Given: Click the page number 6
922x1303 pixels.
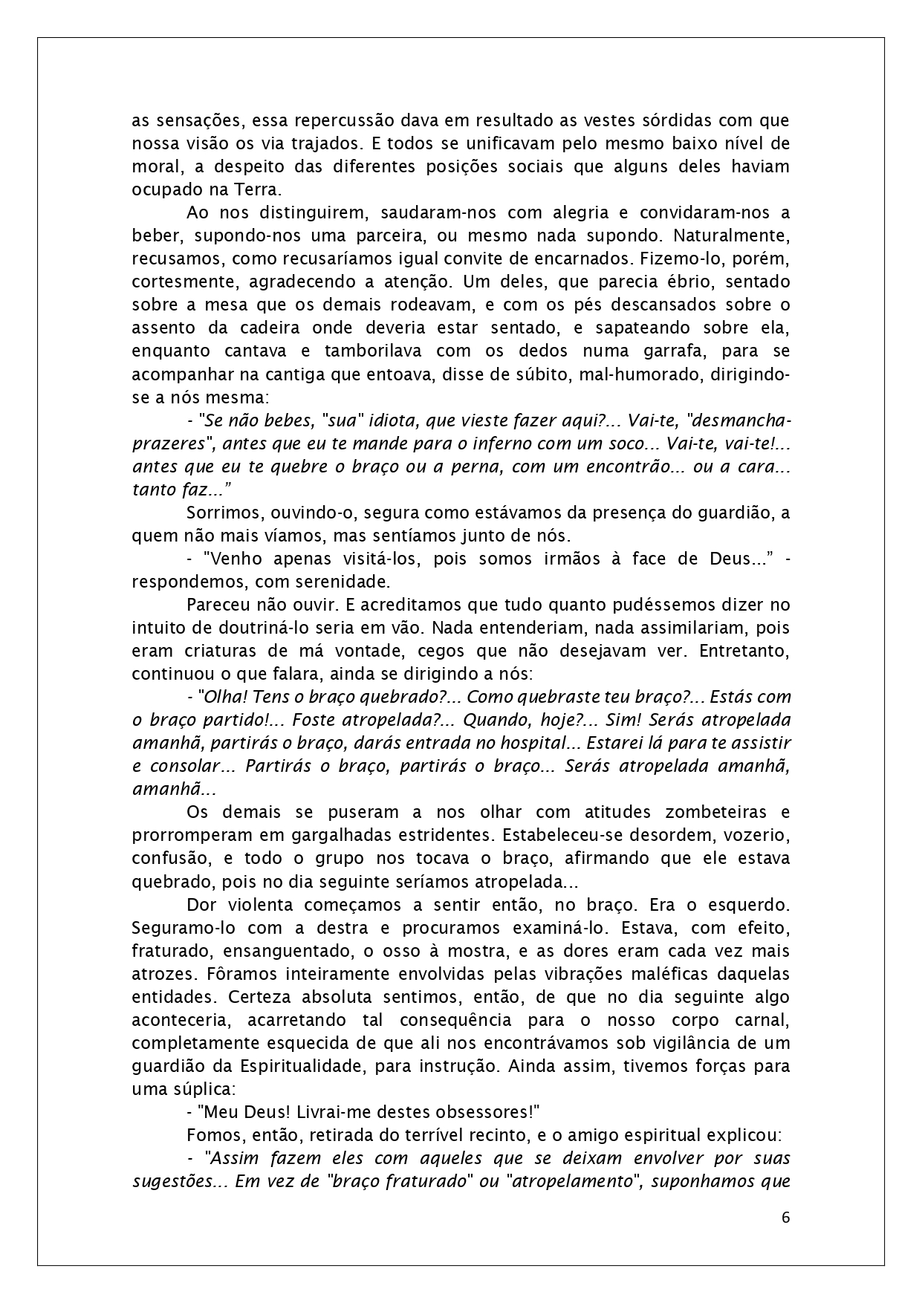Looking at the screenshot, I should (786, 1218).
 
